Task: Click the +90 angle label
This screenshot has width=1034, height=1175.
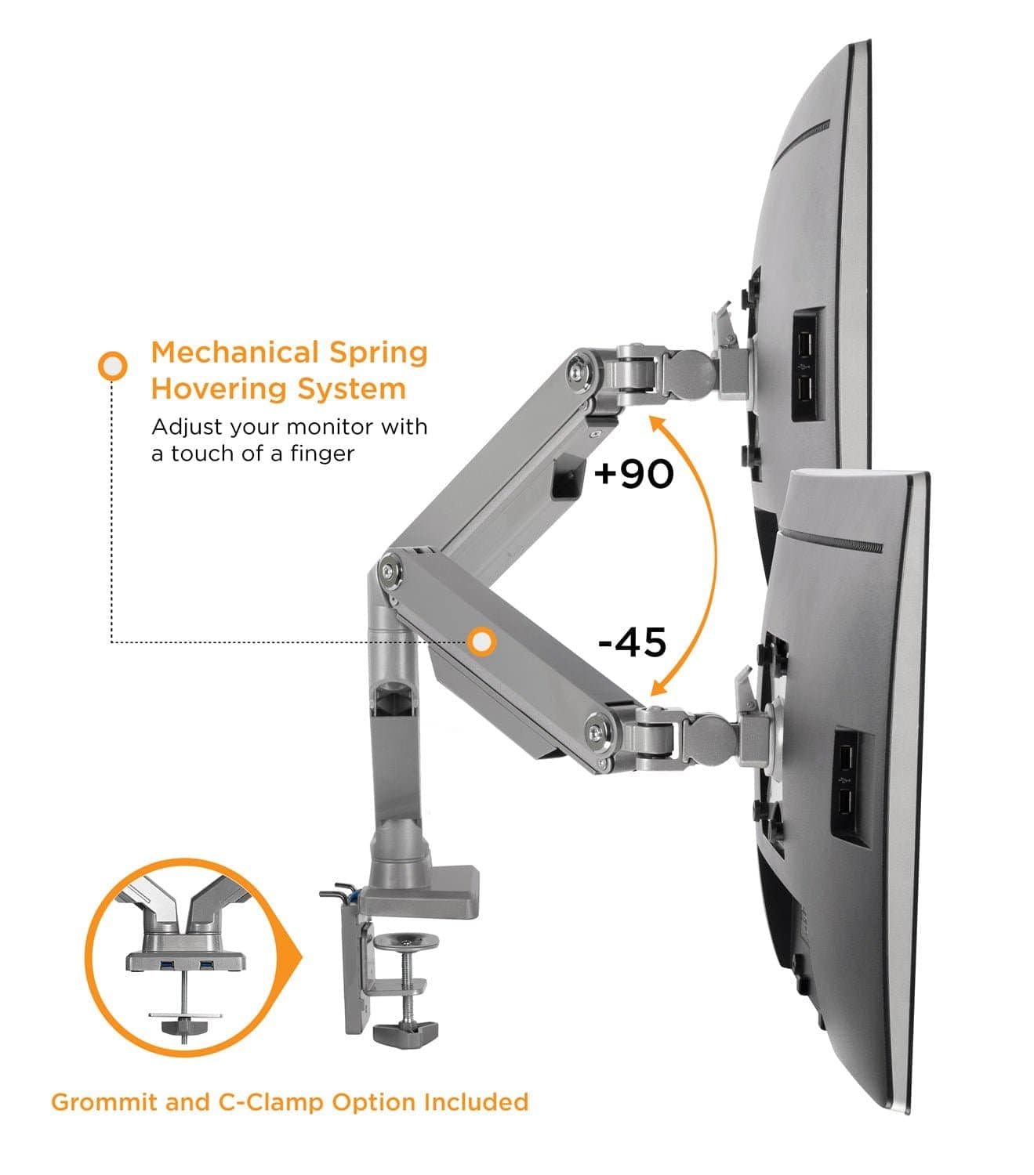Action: tap(633, 473)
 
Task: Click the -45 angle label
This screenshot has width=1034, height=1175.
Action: tap(632, 642)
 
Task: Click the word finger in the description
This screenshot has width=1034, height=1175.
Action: tap(322, 454)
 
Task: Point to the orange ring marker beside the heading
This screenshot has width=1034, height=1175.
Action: tap(113, 365)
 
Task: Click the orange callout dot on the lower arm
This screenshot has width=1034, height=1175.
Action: tap(481, 642)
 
